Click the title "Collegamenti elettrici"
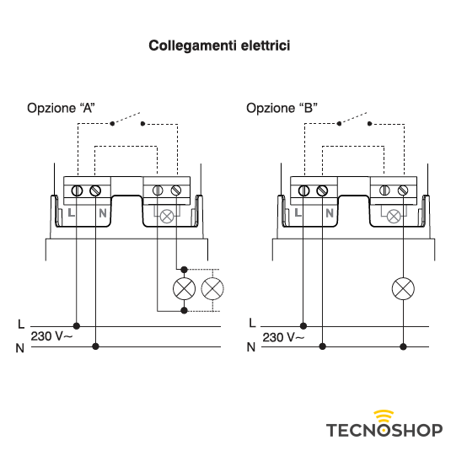click(x=219, y=46)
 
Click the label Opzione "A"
click(x=61, y=108)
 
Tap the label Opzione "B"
click(x=282, y=108)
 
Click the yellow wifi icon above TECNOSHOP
click(x=384, y=415)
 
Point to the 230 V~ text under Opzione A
click(x=51, y=336)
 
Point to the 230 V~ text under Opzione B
click(x=283, y=337)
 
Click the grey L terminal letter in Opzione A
click(x=71, y=212)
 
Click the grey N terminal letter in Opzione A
click(x=103, y=213)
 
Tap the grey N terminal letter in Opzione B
click(x=330, y=213)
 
